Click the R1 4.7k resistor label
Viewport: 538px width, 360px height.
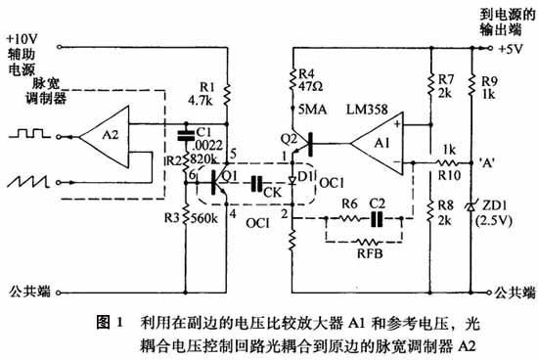(x=199, y=92)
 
